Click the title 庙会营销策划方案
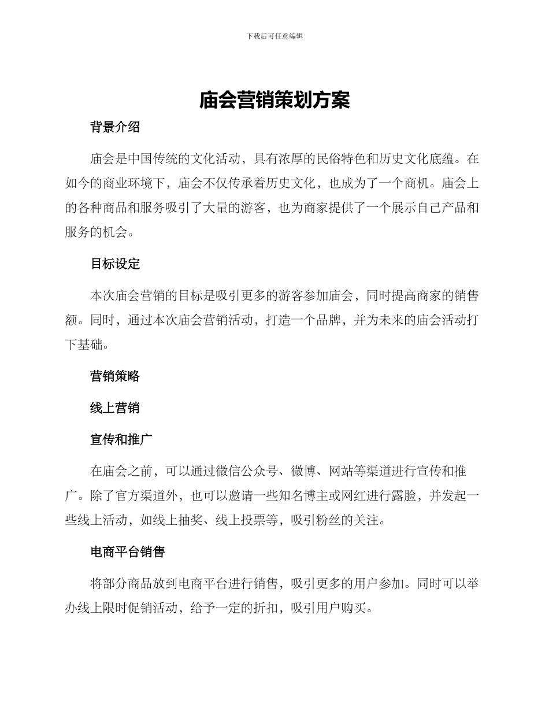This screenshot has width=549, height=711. [274, 101]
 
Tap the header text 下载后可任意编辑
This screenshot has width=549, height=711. [274, 36]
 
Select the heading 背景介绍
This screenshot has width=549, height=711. [115, 128]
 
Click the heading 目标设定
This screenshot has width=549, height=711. [115, 264]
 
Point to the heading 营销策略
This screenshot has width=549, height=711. [115, 376]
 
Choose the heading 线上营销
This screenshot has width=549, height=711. [115, 408]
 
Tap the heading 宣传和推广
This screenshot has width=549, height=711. [121, 439]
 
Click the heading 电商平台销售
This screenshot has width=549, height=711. [128, 552]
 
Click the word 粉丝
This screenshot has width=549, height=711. [328, 520]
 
